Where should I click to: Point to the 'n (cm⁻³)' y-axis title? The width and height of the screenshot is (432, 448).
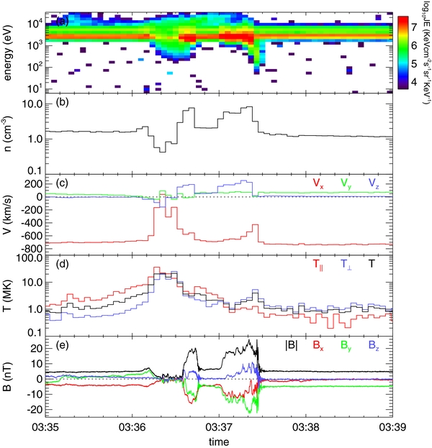click(x=9, y=133)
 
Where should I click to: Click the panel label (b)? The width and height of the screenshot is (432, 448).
click(x=63, y=104)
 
